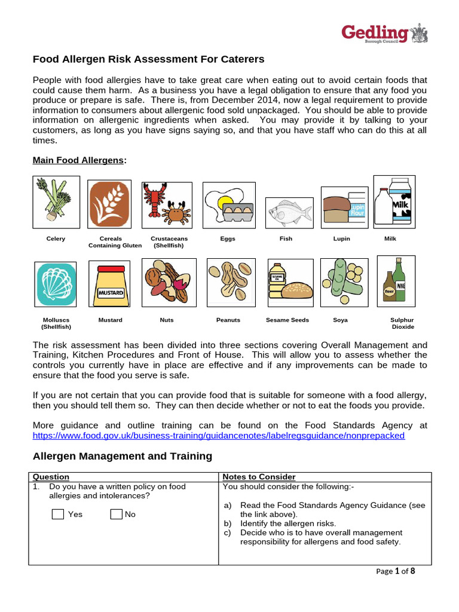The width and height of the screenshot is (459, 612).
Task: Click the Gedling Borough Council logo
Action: tap(384, 34)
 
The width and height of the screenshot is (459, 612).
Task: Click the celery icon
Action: tap(56, 202)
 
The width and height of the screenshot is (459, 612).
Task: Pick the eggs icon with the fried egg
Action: tap(227, 206)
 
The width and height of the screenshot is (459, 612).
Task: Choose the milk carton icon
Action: tap(394, 201)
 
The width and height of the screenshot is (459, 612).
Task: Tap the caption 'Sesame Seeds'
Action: tap(287, 320)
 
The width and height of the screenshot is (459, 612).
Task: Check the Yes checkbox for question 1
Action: tap(58, 514)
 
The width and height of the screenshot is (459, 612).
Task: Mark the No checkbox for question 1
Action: tap(116, 514)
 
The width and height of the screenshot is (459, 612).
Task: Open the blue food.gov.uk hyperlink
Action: tap(218, 436)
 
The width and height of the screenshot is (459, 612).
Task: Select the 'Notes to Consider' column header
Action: tap(259, 476)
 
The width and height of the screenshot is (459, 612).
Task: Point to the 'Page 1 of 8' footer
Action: tap(395, 571)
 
